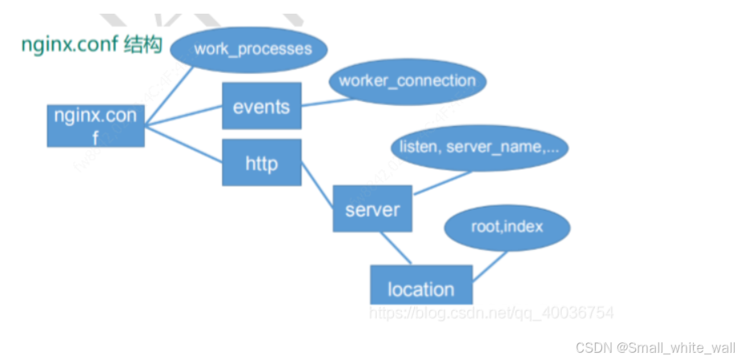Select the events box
click(x=261, y=106)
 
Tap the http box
click(x=261, y=164)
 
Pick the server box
click(x=372, y=210)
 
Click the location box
click(x=420, y=288)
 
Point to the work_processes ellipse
click(x=252, y=48)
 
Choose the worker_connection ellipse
click(x=407, y=81)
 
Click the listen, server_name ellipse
click(x=479, y=147)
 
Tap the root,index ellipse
click(x=506, y=227)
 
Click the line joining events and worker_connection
click(x=315, y=101)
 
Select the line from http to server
click(x=317, y=184)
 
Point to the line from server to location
click(x=397, y=248)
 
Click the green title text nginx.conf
click(x=70, y=45)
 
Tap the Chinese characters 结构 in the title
click(x=143, y=45)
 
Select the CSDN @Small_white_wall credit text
click(x=654, y=346)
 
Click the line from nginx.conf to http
click(x=183, y=145)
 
